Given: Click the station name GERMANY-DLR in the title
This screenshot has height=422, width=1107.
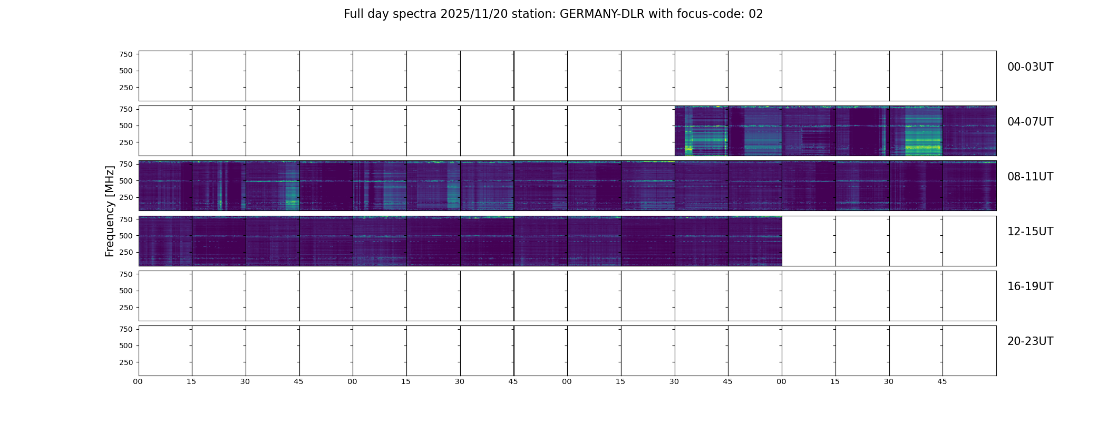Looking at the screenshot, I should coord(602,14).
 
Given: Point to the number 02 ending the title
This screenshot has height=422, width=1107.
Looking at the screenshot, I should coord(756,14).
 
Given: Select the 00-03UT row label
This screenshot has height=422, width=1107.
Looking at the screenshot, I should coord(1030,67).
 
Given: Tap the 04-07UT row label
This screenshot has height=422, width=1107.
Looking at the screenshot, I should coord(1030,122).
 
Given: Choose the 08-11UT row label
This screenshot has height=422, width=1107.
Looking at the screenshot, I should coord(1030,177).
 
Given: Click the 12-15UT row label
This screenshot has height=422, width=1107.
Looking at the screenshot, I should coord(1030,232).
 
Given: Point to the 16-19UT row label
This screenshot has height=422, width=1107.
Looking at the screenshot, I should coord(1030,286).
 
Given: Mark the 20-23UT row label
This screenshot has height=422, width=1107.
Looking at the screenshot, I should coord(1030,341).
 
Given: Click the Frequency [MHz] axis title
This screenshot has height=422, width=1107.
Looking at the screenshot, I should coord(110,211).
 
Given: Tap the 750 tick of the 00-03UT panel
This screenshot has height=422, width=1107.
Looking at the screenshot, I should coord(126,54).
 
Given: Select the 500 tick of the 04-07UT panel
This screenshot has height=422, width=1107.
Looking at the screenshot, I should coord(126,126).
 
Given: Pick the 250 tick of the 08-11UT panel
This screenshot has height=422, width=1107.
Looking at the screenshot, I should coord(126,198).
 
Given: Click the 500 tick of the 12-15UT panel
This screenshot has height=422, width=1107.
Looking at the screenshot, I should coord(126,236).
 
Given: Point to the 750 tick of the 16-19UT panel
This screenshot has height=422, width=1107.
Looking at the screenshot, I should coord(126,274).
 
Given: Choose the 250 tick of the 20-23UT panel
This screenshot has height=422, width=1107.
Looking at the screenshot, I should coord(126,363).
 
